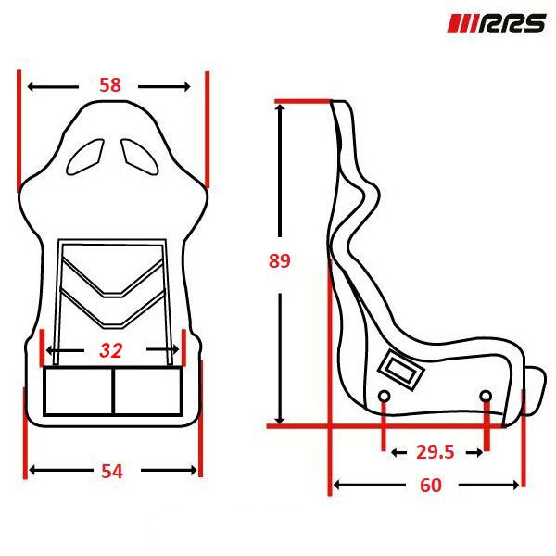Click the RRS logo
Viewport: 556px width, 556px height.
tap(496, 24)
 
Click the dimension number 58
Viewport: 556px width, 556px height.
tap(110, 85)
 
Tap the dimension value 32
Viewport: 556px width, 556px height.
tap(111, 350)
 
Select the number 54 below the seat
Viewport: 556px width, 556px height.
tap(112, 472)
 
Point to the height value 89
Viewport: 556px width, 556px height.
tap(280, 260)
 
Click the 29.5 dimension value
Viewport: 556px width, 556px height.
tap(436, 452)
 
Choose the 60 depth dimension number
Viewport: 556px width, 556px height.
tap(431, 485)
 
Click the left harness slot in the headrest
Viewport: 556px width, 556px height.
tap(85, 157)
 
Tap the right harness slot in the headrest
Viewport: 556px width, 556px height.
tap(140, 157)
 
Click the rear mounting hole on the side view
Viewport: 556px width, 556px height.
tap(384, 396)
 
